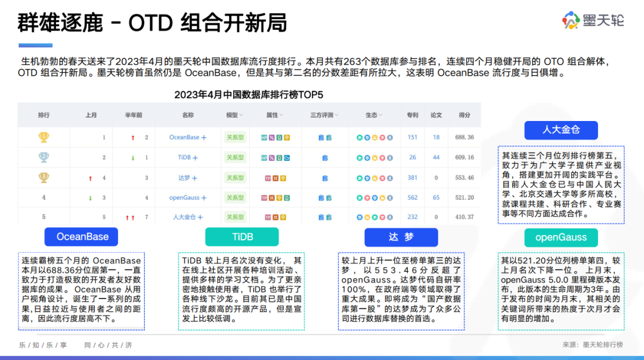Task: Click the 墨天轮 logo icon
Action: coord(571,20)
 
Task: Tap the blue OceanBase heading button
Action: coord(81,237)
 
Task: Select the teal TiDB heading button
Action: coord(242,237)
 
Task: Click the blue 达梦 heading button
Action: coord(401,237)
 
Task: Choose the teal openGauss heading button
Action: coord(561,237)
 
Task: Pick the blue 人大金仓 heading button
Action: coord(561,130)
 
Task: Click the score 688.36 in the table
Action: coord(465,137)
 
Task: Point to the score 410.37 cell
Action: coord(465,217)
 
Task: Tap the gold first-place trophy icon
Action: coord(44,137)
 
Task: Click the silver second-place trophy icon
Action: coord(44,157)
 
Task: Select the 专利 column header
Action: coord(413,115)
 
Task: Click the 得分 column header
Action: coord(465,115)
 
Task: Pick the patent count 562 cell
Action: coord(413,197)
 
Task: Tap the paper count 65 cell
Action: coord(436,197)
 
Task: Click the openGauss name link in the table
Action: coord(184,198)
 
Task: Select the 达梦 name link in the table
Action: coord(184,178)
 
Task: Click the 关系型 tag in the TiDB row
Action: coord(236,157)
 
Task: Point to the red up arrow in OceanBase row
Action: coord(132,138)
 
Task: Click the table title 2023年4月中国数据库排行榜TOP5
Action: coord(249,95)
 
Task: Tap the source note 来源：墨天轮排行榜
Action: coord(593,345)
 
